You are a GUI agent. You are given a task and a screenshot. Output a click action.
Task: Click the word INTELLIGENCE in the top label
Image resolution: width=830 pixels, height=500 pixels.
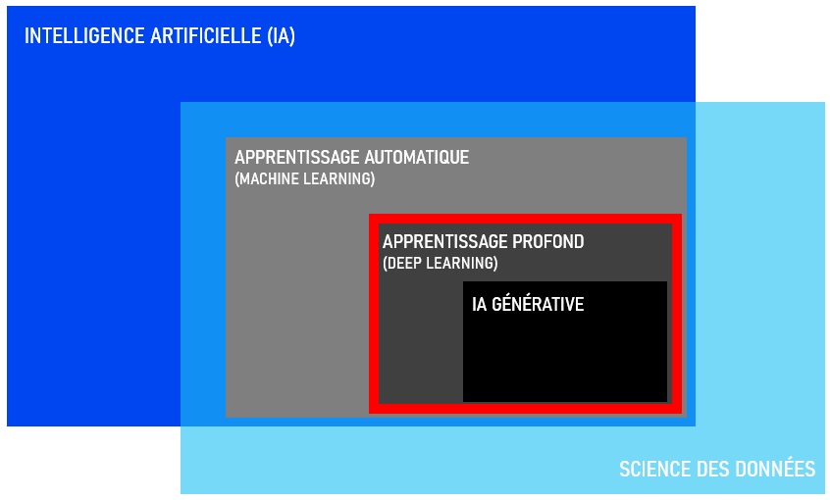(84, 36)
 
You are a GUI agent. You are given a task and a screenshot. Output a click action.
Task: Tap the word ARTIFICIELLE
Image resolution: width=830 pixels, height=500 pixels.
(206, 36)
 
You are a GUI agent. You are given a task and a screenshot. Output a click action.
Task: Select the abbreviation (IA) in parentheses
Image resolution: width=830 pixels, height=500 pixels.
(281, 36)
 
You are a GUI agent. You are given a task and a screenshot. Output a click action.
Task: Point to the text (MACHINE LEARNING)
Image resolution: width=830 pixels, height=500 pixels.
(305, 178)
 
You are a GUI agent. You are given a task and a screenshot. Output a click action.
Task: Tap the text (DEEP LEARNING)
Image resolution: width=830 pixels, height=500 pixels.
(441, 263)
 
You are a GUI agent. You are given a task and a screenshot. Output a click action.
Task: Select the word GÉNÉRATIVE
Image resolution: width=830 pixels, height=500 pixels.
(538, 304)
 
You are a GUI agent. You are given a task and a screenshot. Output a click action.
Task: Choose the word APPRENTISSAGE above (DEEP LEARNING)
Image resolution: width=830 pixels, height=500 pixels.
(444, 242)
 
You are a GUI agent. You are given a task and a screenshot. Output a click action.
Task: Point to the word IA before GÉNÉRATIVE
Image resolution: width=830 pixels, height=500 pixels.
(479, 304)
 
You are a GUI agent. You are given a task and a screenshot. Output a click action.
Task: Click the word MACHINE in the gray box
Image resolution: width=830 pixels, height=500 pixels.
(267, 178)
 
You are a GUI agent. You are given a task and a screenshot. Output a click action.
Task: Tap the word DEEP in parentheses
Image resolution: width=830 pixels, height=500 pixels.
(404, 263)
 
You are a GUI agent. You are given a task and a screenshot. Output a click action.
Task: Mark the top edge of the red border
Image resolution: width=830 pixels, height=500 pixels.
(525, 219)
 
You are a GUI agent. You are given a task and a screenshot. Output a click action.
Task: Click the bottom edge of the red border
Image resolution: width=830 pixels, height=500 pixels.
(525, 409)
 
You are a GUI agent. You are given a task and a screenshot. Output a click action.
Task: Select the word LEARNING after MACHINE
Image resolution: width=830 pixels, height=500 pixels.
(339, 178)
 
